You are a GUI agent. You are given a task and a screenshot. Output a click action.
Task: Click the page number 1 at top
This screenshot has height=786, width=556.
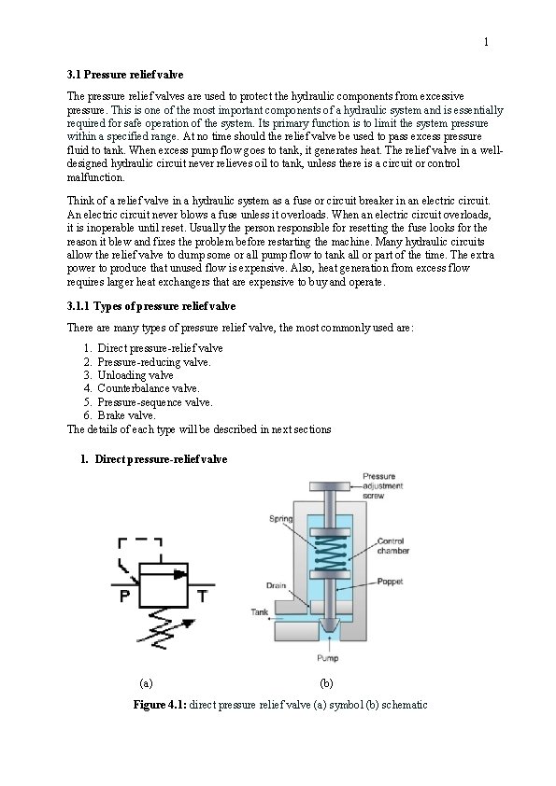pyautogui.click(x=486, y=42)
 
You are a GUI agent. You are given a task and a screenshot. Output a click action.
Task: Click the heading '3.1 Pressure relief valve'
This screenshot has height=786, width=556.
pyautogui.click(x=125, y=75)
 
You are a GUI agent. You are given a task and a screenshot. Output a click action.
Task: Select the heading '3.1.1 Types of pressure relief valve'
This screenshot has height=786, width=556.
pyautogui.click(x=151, y=306)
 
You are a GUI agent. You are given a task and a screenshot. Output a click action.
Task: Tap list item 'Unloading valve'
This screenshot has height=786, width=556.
pyautogui.click(x=135, y=375)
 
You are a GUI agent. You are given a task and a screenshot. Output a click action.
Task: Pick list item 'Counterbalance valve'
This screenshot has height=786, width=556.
pyautogui.click(x=149, y=388)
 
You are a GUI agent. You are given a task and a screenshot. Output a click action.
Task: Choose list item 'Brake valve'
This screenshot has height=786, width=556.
pyautogui.click(x=126, y=415)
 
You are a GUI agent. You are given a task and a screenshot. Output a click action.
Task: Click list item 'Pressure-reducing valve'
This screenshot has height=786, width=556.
pyautogui.click(x=154, y=362)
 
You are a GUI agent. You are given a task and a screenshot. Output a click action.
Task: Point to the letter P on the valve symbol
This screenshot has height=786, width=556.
pyautogui.click(x=125, y=596)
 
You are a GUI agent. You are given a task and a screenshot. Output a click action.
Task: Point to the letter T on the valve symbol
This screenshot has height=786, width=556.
pyautogui.click(x=202, y=596)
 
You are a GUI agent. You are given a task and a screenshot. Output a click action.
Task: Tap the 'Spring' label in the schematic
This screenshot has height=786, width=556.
pyautogui.click(x=280, y=519)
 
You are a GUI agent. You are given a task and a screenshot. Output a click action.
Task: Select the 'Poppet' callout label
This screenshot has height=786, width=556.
pyautogui.click(x=390, y=582)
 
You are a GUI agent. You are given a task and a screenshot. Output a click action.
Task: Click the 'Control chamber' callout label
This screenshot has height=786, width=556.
pyautogui.click(x=392, y=546)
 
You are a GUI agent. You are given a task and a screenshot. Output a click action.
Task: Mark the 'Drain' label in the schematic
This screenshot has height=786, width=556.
pyautogui.click(x=276, y=585)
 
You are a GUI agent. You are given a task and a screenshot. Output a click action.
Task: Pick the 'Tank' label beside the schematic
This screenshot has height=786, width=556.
pyautogui.click(x=260, y=612)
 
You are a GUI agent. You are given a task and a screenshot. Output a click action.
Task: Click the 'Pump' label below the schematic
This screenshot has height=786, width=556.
pyautogui.click(x=328, y=658)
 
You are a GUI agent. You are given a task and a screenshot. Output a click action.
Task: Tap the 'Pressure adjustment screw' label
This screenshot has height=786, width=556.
pyautogui.click(x=382, y=485)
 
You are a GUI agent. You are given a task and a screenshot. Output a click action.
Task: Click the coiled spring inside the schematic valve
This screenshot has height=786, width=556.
pyautogui.click(x=330, y=553)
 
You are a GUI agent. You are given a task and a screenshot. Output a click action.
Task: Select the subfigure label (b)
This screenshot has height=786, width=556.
pyautogui.click(x=326, y=683)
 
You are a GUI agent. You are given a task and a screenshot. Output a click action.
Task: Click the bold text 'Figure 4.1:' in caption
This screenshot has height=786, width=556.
pyautogui.click(x=160, y=705)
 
